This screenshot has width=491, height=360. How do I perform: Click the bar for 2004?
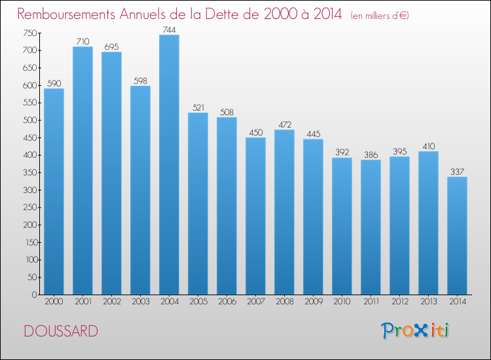click(x=169, y=165)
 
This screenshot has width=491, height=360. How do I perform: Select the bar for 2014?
click(x=457, y=236)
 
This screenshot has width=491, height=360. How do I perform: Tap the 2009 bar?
click(x=313, y=217)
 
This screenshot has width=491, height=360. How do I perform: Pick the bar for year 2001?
click(x=82, y=171)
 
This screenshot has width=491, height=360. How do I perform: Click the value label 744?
click(x=169, y=29)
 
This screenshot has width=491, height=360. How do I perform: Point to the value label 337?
click(x=457, y=171)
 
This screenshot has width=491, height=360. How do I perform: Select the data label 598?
click(x=140, y=81)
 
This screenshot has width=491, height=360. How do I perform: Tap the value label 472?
click(x=285, y=124)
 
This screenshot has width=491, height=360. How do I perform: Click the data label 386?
click(x=371, y=154)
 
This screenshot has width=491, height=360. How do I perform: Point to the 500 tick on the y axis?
click(x=29, y=120)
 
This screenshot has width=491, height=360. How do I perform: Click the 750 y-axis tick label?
click(x=29, y=33)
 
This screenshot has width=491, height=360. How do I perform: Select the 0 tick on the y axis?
click(x=35, y=295)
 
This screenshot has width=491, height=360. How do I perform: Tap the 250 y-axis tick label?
click(x=29, y=207)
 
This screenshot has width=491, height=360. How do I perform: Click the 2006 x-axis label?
click(x=227, y=302)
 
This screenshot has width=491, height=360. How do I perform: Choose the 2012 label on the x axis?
click(x=400, y=302)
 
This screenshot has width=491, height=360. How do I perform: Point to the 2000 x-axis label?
click(x=54, y=302)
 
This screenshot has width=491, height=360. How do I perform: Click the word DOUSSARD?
click(x=61, y=331)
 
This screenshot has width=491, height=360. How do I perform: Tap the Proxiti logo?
click(x=415, y=331)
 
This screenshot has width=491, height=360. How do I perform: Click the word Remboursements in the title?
click(x=66, y=14)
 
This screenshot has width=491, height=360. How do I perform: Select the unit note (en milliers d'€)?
click(x=380, y=16)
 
